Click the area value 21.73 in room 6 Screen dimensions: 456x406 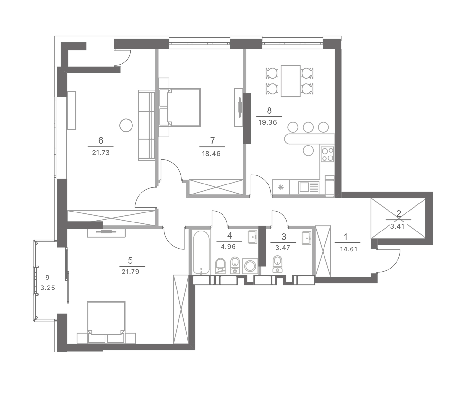tap(101, 153)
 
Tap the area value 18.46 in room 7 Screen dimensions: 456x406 tap(211, 154)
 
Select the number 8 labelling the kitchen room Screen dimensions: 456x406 tap(269, 111)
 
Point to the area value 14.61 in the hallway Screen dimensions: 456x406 tap(349, 249)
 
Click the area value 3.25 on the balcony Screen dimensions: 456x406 tap(48, 288)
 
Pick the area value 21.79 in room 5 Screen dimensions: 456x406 tap(131, 272)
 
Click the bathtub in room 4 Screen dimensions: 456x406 tap(201, 252)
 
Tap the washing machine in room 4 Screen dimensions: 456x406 tap(250, 266)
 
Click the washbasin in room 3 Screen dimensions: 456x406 tap(306, 238)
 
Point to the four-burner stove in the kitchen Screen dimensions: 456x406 tap(327, 154)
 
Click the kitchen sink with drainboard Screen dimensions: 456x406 tap(309, 187)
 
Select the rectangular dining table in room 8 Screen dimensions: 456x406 tap(291, 81)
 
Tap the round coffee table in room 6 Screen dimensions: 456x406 tap(126, 125)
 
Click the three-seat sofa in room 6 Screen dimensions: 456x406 tap(147, 125)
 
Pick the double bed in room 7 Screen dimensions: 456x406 tap(180, 107)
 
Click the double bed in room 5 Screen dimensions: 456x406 tap(106, 322)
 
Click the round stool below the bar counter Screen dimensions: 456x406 tap(308, 150)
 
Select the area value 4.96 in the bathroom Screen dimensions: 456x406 tap(228, 247)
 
